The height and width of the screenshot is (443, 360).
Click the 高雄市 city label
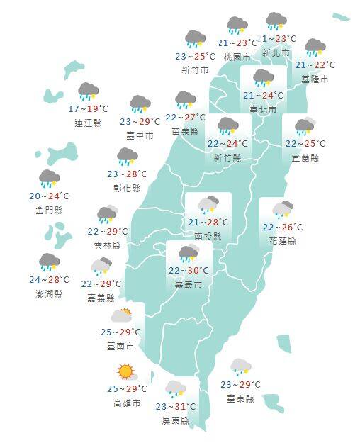pyautogui.click(x=126, y=403)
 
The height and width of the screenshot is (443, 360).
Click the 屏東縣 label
pyautogui.click(x=175, y=420)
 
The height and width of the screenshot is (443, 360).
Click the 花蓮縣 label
pyautogui.click(x=282, y=241)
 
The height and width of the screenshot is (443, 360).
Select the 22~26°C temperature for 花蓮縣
pyautogui.click(x=282, y=228)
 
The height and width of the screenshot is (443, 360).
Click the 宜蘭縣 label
pyautogui.click(x=305, y=157)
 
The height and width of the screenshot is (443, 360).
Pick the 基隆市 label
pyautogui.click(x=315, y=79)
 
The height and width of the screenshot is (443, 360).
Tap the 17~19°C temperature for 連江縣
pyautogui.click(x=88, y=109)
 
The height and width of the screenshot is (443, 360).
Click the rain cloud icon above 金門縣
pyautogui.click(x=50, y=178)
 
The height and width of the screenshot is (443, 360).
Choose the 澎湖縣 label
pyautogui.click(x=49, y=293)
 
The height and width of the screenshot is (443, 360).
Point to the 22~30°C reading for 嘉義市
pyautogui.click(x=188, y=270)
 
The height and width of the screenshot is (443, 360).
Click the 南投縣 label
pyautogui.click(x=208, y=237)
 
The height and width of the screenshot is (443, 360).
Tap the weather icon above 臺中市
pyautogui.click(x=140, y=104)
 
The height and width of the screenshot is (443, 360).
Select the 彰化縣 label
pyautogui.click(x=127, y=188)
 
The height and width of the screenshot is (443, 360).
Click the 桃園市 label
pyautogui.click(x=237, y=57)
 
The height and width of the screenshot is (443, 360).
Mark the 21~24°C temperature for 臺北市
pyautogui.click(x=263, y=95)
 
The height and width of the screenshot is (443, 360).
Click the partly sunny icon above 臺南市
pyautogui.click(x=121, y=314)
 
